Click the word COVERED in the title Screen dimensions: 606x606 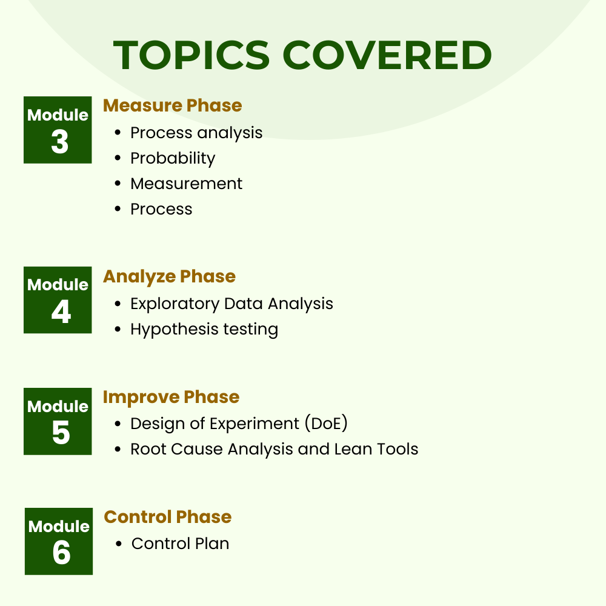tap(387, 56)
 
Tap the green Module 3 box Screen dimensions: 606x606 tap(58, 130)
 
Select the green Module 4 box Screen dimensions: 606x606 tap(58, 300)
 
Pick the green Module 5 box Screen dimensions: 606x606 tap(58, 421)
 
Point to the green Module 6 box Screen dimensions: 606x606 tap(59, 541)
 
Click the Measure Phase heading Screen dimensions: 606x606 tap(173, 105)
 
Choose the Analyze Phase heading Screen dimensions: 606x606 tap(169, 276)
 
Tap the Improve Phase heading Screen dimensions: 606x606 tap(171, 398)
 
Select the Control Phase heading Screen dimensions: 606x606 tap(168, 517)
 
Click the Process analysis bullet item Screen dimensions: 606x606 tap(196, 133)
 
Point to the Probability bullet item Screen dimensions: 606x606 tap(173, 158)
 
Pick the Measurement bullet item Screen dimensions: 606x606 tap(186, 184)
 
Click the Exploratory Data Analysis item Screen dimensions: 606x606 tap(231, 303)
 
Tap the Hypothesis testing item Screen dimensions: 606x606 tap(204, 329)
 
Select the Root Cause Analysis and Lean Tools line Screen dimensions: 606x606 tap(274, 449)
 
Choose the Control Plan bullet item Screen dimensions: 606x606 tap(180, 544)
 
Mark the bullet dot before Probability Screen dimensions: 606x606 tap(118, 159)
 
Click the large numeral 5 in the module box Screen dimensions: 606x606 tap(61, 433)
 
